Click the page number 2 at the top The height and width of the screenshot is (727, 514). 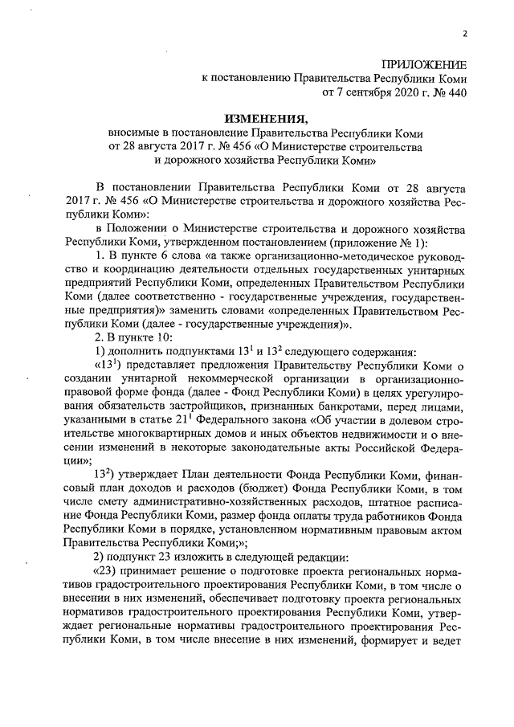coord(464,34)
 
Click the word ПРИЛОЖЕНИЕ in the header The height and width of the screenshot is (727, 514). coord(423,64)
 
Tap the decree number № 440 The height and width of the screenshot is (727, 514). coord(447,93)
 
